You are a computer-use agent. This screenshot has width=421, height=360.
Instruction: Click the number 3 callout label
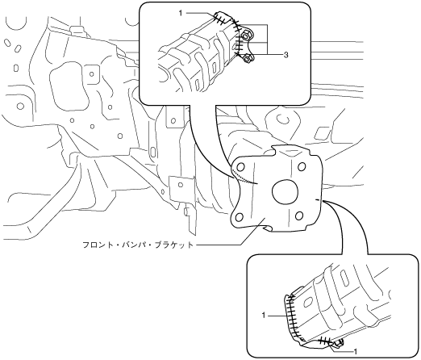[x=286, y=55]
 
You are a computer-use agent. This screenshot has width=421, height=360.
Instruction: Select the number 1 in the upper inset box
[x=181, y=13]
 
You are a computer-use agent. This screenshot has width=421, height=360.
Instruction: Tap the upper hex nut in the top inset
[x=246, y=35]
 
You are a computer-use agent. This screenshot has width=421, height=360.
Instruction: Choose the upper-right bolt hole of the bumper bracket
[x=302, y=166]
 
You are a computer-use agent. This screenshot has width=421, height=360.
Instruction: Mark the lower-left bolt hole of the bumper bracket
[x=239, y=216]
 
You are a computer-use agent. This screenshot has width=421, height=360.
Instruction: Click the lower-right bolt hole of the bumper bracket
[x=299, y=216]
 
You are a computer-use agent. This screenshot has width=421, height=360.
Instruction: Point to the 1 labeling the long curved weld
[x=264, y=315]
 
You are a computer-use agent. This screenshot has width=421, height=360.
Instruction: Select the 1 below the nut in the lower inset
[x=356, y=351]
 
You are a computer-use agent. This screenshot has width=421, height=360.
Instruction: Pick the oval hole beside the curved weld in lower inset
[x=306, y=303]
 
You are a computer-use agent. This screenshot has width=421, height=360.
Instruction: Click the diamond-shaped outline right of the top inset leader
[x=321, y=132]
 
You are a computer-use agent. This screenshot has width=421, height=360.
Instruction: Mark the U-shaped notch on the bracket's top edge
[x=273, y=151]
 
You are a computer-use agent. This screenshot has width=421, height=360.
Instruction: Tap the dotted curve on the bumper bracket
[x=245, y=178]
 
